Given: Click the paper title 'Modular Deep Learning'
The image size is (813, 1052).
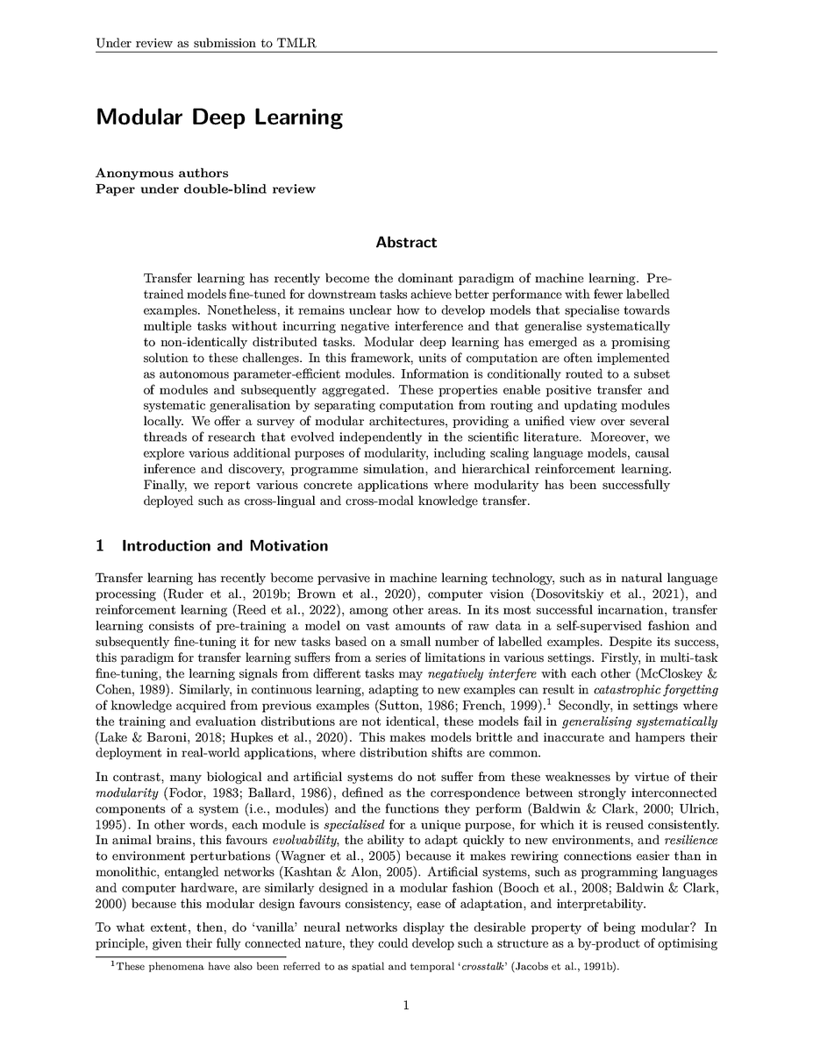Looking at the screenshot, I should click(219, 117).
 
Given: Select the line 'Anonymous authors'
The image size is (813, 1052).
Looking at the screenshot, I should click(162, 173).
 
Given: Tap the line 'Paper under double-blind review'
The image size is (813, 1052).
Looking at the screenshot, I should click(205, 188).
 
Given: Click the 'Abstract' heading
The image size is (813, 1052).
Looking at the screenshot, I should click(406, 242).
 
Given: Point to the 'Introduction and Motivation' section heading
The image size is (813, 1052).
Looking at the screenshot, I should click(225, 546).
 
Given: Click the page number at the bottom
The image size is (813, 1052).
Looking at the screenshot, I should click(406, 1006).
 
